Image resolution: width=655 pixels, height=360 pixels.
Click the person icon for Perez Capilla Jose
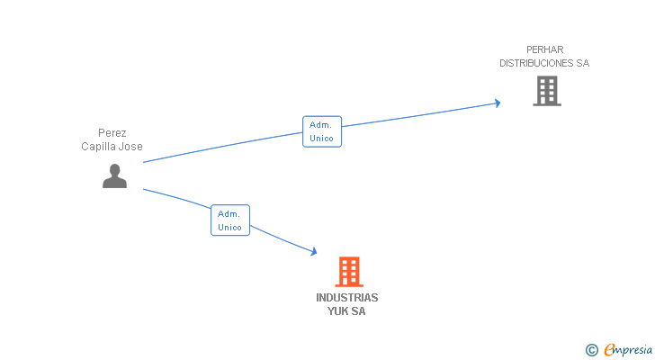point(114,175)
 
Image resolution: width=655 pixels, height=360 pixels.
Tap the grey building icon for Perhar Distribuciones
point(546,91)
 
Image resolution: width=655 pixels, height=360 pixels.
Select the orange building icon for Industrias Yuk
point(348,271)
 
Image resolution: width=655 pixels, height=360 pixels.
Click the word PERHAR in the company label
point(544,49)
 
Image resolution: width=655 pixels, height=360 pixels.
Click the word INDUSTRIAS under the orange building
point(347,297)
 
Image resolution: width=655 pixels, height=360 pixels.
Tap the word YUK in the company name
point(336,311)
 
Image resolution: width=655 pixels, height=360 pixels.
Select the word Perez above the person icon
point(112,133)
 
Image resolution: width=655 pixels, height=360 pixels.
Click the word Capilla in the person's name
point(100,147)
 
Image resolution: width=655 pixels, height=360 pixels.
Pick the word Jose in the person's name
point(132,147)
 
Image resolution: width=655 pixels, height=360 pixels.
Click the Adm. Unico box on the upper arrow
point(321,131)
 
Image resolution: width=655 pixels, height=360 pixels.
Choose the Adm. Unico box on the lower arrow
point(229,220)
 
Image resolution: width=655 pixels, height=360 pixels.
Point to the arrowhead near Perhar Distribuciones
point(496,103)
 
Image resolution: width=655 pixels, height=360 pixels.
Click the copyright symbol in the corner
point(591,350)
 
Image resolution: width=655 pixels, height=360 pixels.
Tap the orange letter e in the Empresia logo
point(609,350)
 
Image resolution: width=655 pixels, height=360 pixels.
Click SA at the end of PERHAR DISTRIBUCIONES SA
point(582,63)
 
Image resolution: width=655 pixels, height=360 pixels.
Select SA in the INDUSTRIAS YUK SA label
point(358,311)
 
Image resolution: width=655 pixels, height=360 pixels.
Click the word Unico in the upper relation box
point(321,139)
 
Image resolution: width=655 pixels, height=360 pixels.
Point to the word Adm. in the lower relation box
point(229,213)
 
